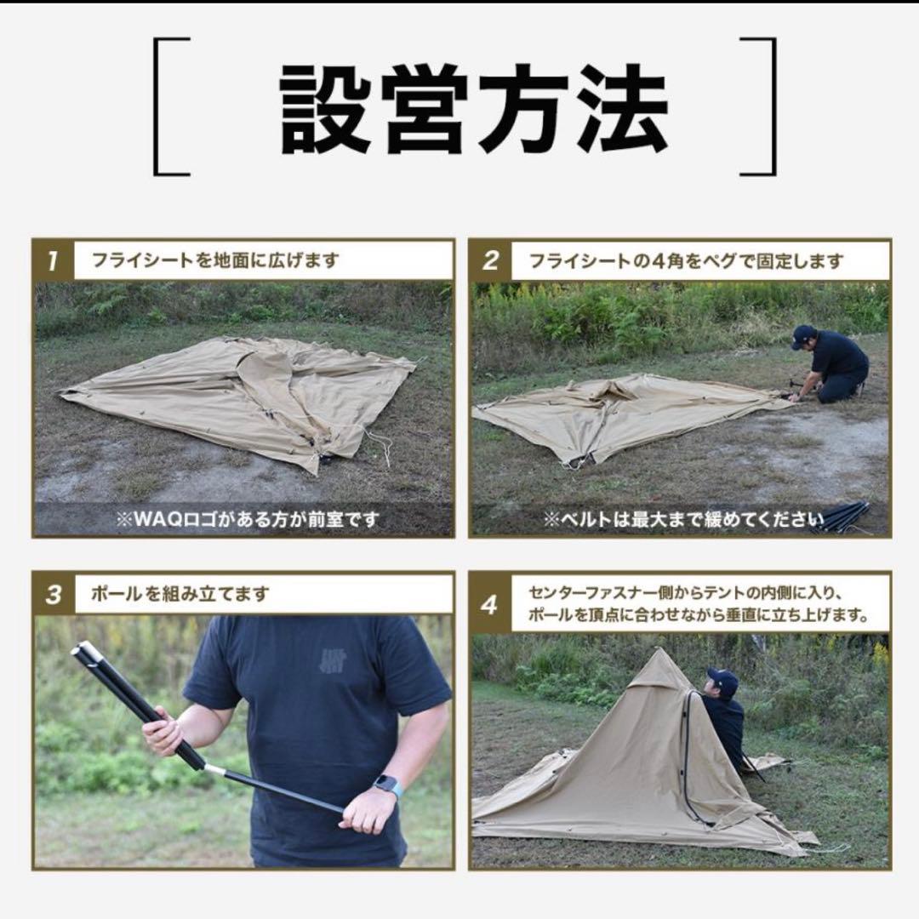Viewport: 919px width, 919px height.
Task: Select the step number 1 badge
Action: pos(54,261)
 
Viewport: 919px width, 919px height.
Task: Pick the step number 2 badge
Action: pos(491,261)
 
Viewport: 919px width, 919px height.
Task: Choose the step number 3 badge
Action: pos(54,594)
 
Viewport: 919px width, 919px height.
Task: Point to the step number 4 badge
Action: pos(491,603)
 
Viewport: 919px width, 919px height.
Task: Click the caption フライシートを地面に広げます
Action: pos(215,260)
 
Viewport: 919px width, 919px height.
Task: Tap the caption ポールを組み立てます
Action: pos(180,594)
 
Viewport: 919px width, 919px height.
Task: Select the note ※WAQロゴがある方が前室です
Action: pos(247,519)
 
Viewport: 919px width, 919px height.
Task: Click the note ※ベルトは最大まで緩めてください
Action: pos(683,519)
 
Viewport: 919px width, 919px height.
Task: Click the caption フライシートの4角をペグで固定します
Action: pos(687,260)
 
